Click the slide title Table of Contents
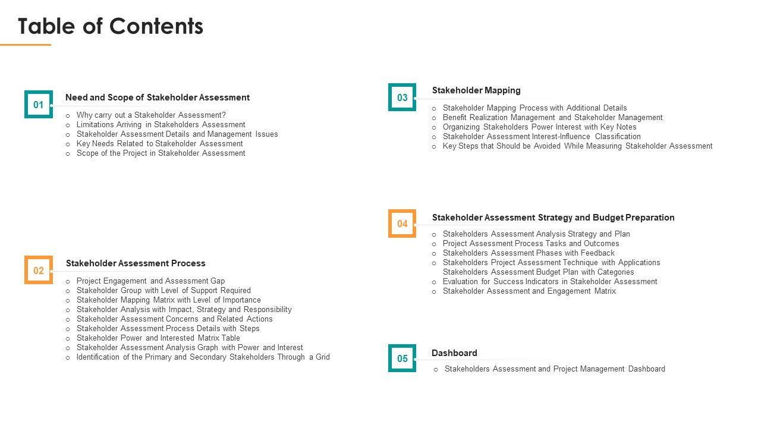click(x=111, y=26)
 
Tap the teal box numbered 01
click(x=39, y=105)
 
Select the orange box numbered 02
click(x=39, y=270)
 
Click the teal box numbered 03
click(x=402, y=97)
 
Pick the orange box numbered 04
click(x=402, y=224)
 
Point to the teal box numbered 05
click(x=402, y=358)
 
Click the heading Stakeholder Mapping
click(x=476, y=90)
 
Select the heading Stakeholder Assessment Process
click(x=136, y=263)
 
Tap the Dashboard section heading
click(x=454, y=353)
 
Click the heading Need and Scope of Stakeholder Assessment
click(x=158, y=97)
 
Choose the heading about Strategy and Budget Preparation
click(x=553, y=218)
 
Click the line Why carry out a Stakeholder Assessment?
click(x=151, y=115)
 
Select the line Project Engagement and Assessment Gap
click(x=150, y=281)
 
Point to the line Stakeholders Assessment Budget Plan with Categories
click(x=538, y=272)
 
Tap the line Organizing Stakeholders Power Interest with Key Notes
click(x=539, y=127)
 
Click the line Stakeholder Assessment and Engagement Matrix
click(x=529, y=291)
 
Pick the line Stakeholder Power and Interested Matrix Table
click(x=158, y=338)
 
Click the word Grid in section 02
click(x=323, y=357)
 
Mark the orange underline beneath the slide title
click(x=26, y=45)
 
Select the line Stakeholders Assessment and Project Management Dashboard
click(x=555, y=369)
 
